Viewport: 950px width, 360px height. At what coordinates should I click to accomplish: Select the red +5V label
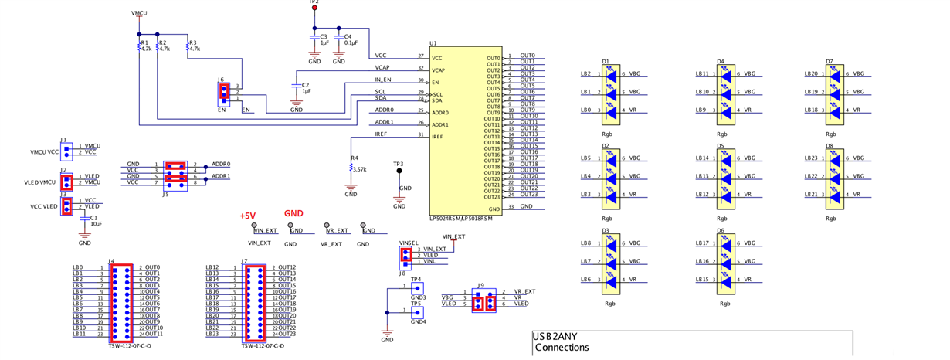tap(247, 216)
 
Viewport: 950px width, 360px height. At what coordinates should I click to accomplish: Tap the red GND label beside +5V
tap(293, 213)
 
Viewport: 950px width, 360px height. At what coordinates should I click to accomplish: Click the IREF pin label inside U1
tap(437, 137)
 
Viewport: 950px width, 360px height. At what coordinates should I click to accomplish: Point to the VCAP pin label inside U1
tap(438, 70)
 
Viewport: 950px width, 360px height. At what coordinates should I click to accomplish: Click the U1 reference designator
tap(433, 43)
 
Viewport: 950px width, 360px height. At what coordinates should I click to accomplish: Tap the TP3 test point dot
tap(399, 172)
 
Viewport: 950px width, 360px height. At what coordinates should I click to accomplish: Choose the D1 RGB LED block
tap(611, 92)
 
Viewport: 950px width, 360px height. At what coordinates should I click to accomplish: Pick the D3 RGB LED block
tap(611, 261)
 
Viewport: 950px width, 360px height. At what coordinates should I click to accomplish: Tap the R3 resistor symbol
tap(188, 47)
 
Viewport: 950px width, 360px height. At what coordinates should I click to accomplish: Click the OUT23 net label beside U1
tap(528, 195)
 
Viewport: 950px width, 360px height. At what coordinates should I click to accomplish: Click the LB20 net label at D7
tap(811, 74)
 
